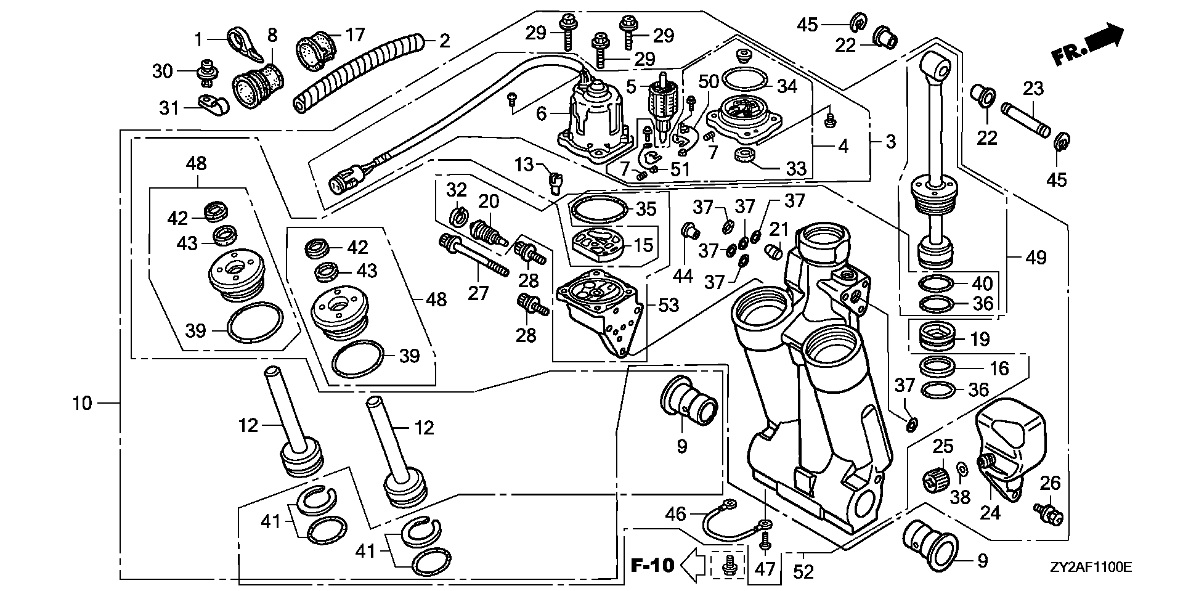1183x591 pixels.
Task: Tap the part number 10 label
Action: pos(82,404)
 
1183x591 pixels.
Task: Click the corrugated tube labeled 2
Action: pos(357,75)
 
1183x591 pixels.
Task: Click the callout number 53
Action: pos(668,305)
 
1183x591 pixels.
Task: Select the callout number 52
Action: pos(803,573)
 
